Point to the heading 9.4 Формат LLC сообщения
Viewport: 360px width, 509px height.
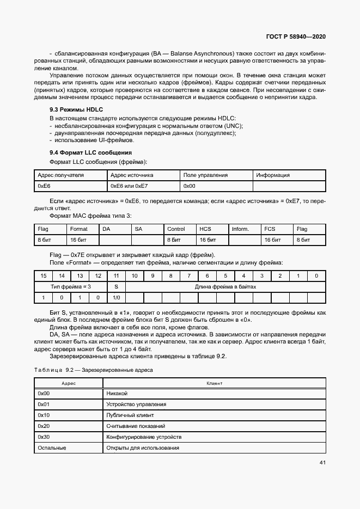point(90,152)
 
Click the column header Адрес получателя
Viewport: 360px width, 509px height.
point(60,175)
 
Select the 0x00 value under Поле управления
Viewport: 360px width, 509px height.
point(190,186)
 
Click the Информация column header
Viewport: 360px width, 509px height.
point(273,175)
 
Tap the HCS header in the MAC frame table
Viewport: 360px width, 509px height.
point(205,229)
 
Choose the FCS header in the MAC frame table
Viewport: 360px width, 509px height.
point(270,229)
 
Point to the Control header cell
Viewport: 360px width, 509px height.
point(176,229)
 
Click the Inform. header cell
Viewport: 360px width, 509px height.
point(240,229)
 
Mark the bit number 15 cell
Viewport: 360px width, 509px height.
point(43,276)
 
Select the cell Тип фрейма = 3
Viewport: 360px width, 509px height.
point(71,286)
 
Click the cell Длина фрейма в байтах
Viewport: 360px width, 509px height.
point(225,286)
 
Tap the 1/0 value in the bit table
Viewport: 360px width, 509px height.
point(116,297)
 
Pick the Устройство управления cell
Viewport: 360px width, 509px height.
point(136,404)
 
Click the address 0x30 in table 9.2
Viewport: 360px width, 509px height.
point(44,437)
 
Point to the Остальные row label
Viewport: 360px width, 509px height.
point(52,448)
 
